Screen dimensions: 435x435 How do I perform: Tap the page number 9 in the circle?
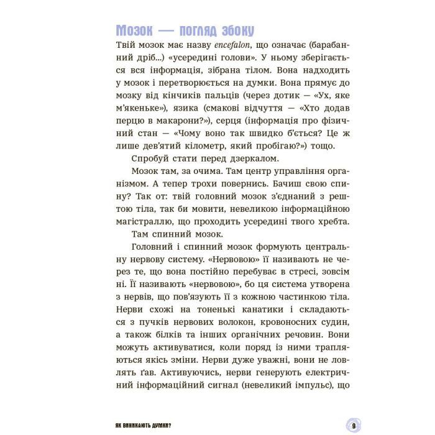point(352,425)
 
